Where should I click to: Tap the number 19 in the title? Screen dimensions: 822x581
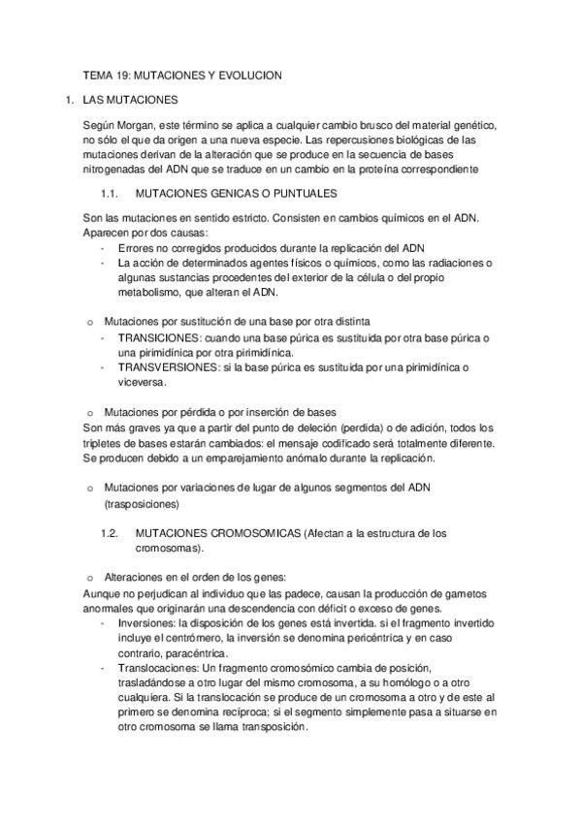click(x=122, y=76)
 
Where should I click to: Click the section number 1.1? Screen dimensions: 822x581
click(x=109, y=192)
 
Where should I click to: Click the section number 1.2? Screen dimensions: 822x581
click(x=110, y=533)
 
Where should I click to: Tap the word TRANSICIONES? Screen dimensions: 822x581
click(x=158, y=337)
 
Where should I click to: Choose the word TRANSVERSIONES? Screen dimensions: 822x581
click(x=165, y=366)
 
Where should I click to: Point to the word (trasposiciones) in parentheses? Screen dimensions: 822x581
click(x=141, y=505)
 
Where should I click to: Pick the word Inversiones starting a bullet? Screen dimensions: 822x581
click(x=144, y=624)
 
